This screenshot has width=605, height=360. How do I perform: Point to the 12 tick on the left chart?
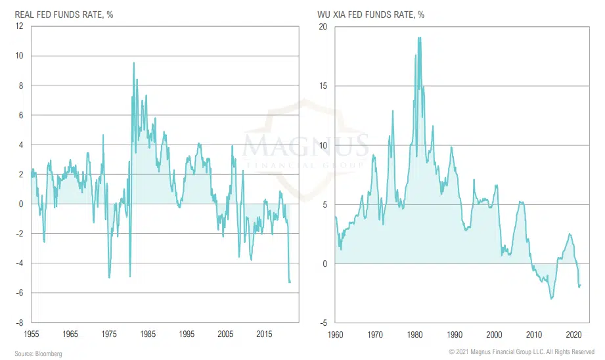[x=20, y=26]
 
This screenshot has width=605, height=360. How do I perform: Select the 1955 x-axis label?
[x=31, y=334]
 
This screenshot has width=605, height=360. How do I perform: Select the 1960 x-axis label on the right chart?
[x=335, y=334]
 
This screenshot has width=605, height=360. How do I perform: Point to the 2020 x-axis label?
[x=571, y=334]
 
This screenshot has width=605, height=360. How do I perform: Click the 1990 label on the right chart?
[x=453, y=334]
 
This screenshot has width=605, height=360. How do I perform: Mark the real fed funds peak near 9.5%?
[x=134, y=63]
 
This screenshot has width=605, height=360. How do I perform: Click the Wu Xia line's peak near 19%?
[x=419, y=37]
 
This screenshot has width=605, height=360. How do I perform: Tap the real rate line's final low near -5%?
[x=290, y=282]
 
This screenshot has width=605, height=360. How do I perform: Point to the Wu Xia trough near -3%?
[x=551, y=299]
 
